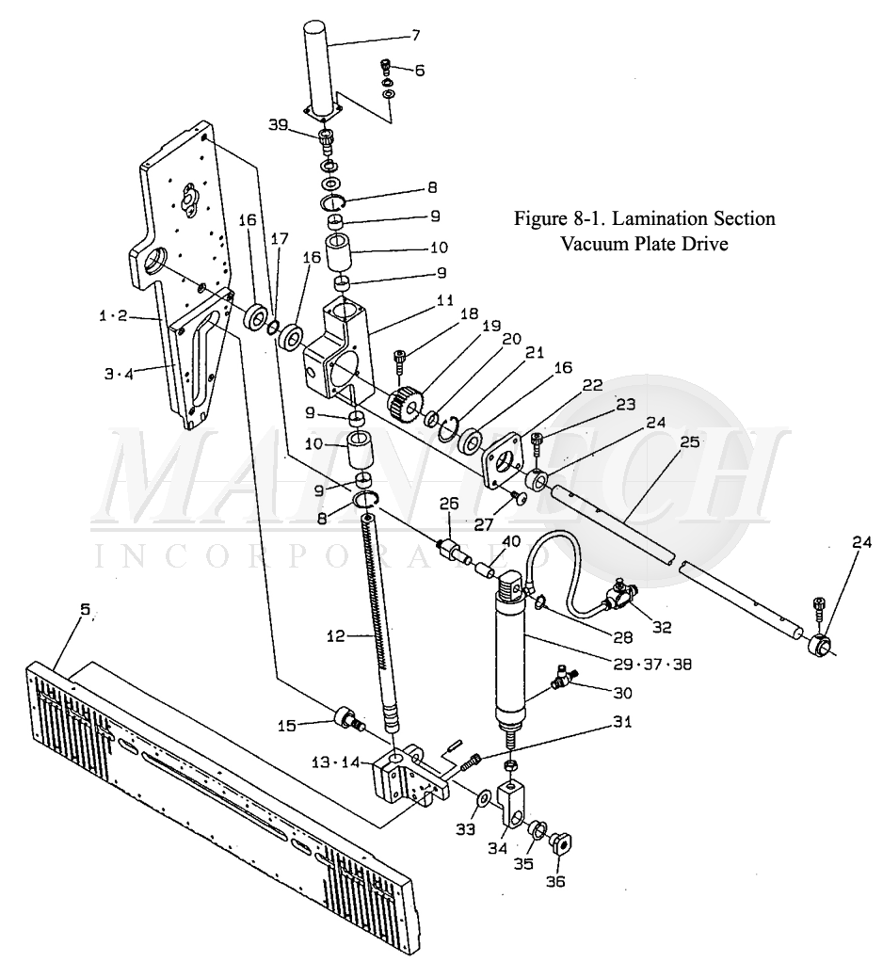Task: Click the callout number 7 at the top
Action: click(x=415, y=35)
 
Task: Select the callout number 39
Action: click(x=278, y=125)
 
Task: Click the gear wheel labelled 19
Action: click(x=405, y=403)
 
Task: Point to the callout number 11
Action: click(x=445, y=300)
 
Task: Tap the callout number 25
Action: click(x=690, y=441)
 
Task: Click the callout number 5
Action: click(x=85, y=609)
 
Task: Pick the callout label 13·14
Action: click(x=336, y=762)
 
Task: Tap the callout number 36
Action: click(x=556, y=881)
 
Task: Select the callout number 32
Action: click(x=662, y=627)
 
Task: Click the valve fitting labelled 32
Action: click(x=619, y=593)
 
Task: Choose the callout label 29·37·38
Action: click(x=653, y=664)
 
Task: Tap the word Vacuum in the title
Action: click(x=591, y=244)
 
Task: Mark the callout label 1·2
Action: click(x=113, y=316)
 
